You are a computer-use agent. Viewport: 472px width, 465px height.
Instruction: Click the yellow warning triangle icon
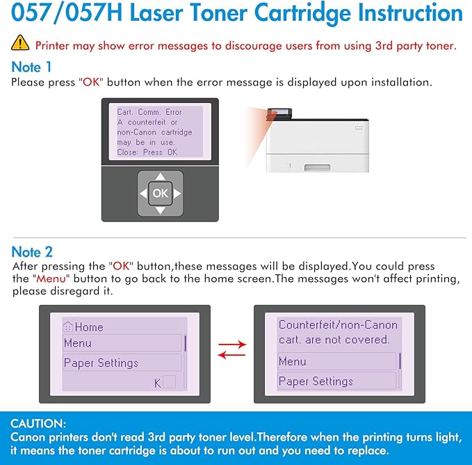(x=20, y=45)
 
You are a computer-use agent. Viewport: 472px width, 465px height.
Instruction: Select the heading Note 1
(x=31, y=68)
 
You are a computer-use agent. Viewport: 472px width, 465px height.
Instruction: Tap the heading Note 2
(x=31, y=251)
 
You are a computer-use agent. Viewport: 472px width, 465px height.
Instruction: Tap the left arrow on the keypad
(x=144, y=194)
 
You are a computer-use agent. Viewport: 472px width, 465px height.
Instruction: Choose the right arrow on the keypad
(x=177, y=194)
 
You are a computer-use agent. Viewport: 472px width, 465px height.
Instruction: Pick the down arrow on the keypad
(x=160, y=210)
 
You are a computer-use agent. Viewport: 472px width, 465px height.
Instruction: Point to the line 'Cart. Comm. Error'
(x=149, y=112)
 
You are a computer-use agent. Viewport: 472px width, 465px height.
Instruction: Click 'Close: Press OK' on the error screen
(x=147, y=152)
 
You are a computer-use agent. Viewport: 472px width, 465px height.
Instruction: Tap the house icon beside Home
(x=68, y=327)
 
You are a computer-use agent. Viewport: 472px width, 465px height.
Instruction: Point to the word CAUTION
(x=39, y=423)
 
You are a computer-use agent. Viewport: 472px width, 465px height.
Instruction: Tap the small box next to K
(x=169, y=381)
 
